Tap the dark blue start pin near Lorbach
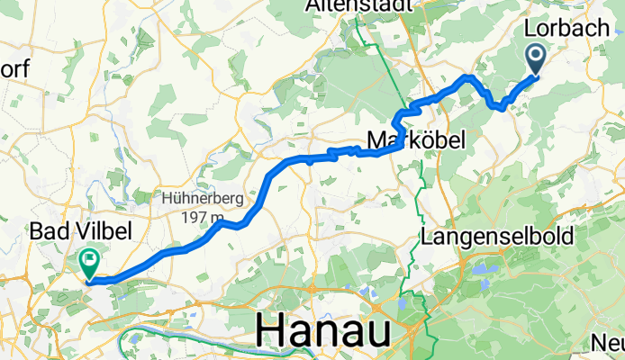tap(536, 58)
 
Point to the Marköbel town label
tap(416, 139)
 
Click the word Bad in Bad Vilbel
tap(48, 231)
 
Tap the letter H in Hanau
tap(272, 330)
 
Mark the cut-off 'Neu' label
tap(607, 342)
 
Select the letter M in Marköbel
tap(377, 139)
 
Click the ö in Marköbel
tap(423, 139)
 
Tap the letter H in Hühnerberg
tap(168, 199)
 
